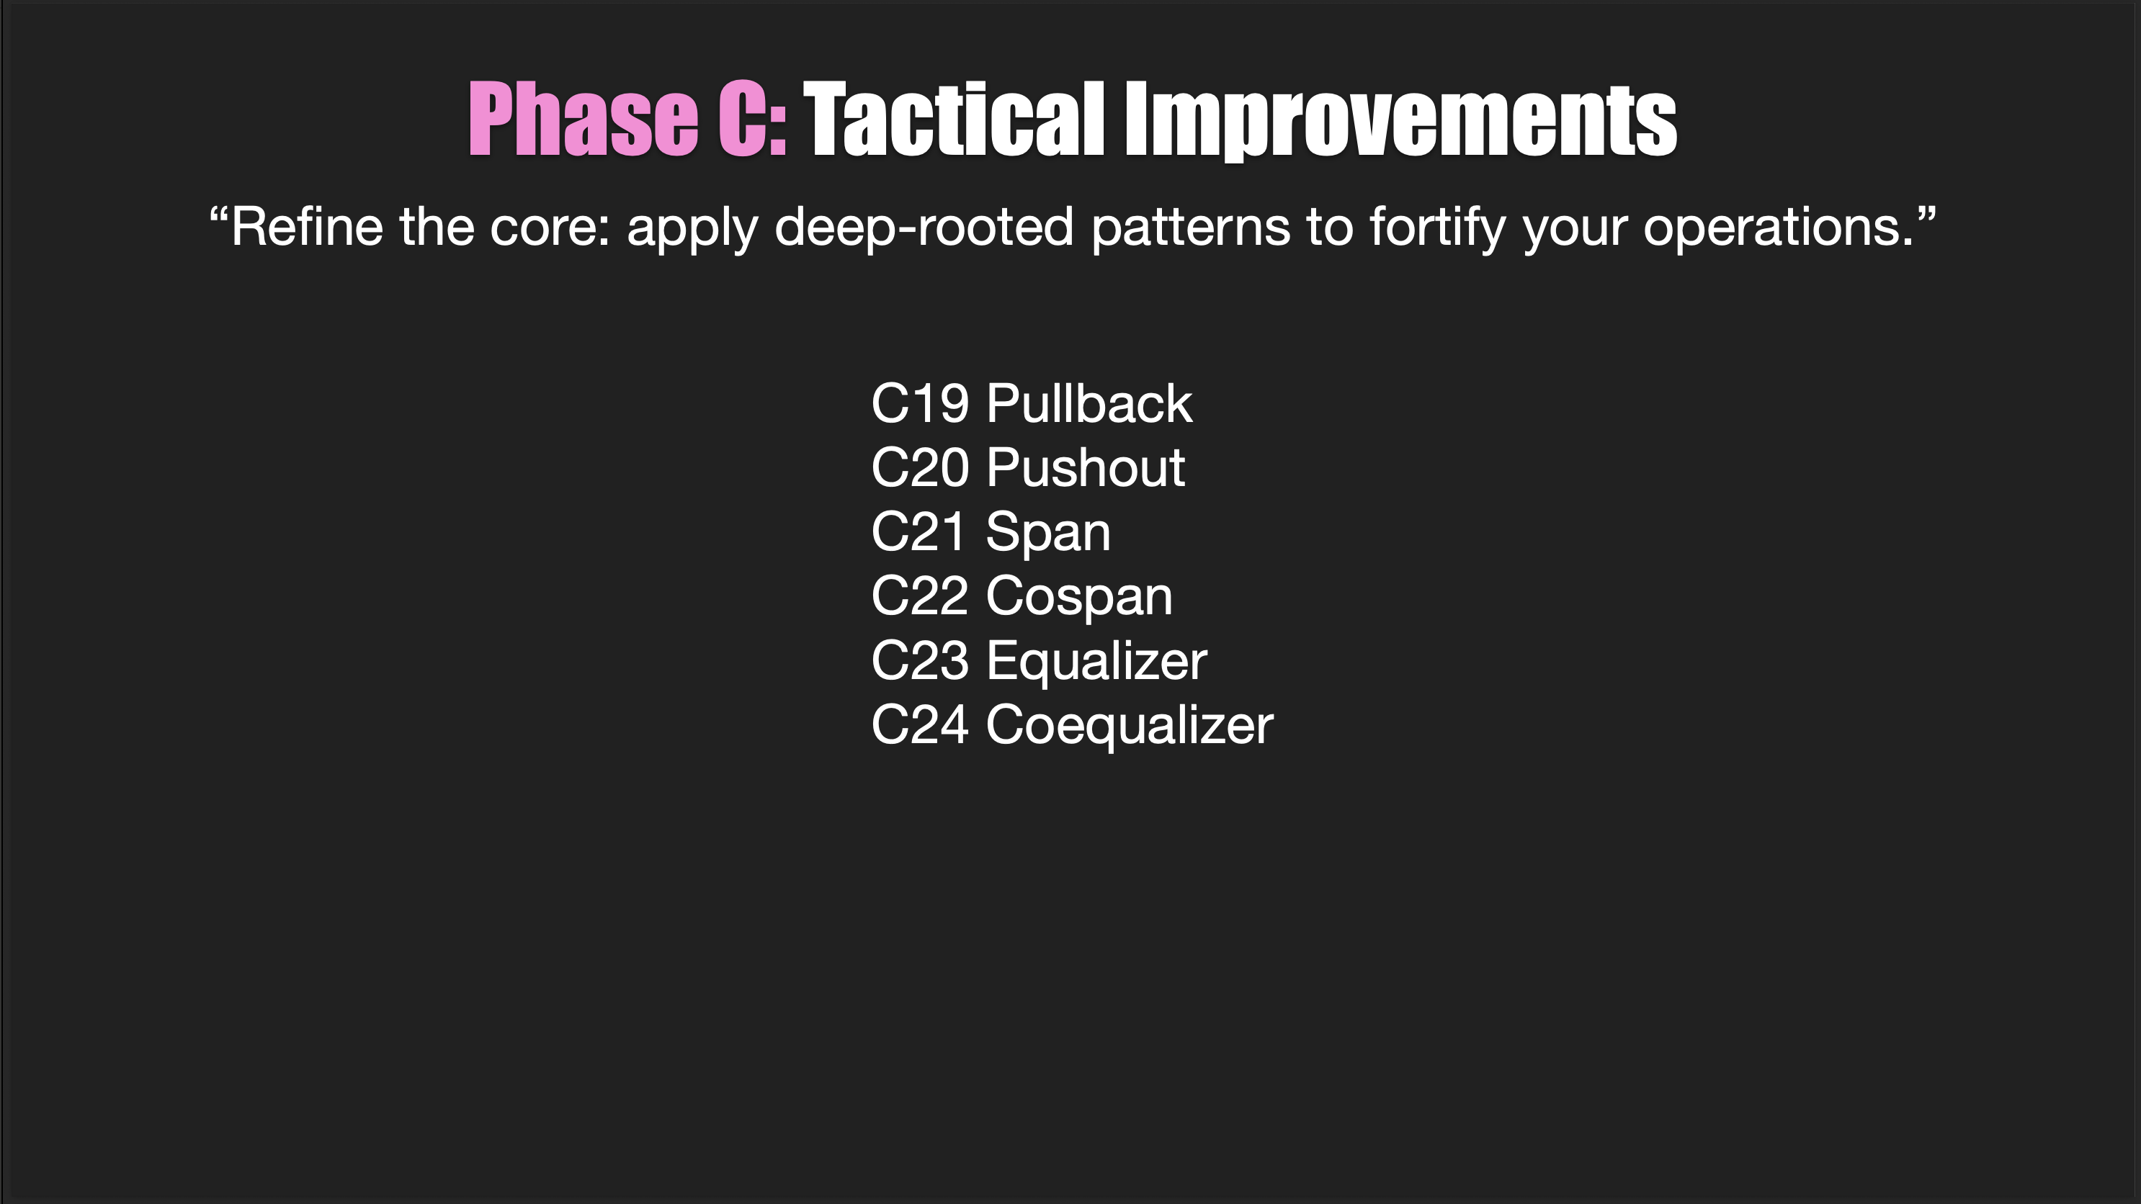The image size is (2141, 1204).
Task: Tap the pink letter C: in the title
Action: (x=751, y=120)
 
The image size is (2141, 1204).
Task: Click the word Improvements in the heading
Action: (x=1400, y=120)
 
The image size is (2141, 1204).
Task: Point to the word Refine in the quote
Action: (x=307, y=227)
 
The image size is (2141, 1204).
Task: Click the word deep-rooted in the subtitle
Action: (x=924, y=227)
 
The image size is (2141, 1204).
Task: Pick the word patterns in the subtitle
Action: (x=1190, y=227)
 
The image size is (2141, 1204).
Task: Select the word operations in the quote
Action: (x=1778, y=227)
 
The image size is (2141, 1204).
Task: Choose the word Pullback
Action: (x=1089, y=404)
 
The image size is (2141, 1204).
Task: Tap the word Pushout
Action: (x=1085, y=468)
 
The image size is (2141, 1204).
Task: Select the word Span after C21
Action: (x=1048, y=531)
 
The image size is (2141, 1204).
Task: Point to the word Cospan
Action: (x=1079, y=596)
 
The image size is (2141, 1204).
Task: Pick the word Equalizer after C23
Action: (x=1096, y=660)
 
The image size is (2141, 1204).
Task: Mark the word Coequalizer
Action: (x=1129, y=724)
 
